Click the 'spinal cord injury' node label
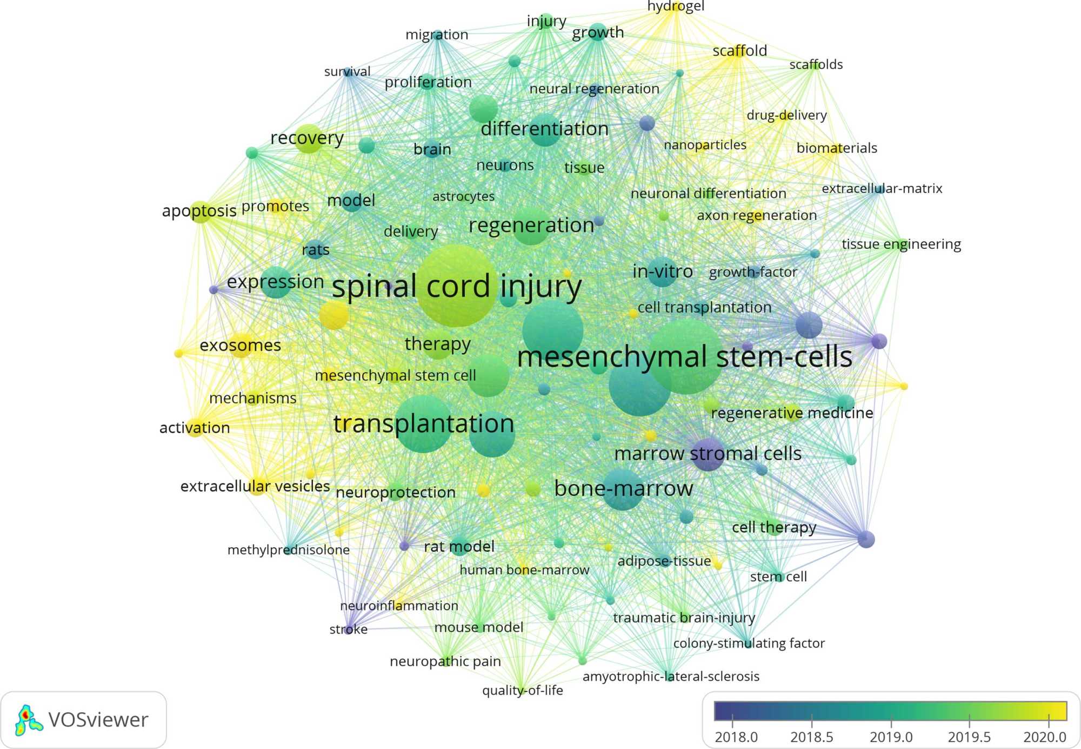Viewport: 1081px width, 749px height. (456, 287)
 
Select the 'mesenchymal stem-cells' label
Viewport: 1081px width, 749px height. (684, 357)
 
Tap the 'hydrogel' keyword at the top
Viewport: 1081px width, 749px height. (676, 6)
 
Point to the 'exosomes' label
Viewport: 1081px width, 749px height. (240, 345)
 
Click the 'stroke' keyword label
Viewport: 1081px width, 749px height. (348, 629)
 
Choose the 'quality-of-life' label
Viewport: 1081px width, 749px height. (522, 690)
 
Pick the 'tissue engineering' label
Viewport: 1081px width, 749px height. (901, 244)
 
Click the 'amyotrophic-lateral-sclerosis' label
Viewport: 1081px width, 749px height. (671, 676)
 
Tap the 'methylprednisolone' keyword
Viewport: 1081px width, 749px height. (288, 550)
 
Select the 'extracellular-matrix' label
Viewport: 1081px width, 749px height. (882, 188)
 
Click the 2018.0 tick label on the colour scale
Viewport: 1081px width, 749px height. (736, 737)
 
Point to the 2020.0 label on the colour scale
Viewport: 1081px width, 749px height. (1044, 737)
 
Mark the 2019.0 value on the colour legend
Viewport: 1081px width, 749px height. (891, 737)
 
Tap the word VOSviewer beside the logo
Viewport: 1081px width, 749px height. (98, 720)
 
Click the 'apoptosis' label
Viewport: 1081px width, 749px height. (199, 210)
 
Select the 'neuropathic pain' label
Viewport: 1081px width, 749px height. (445, 661)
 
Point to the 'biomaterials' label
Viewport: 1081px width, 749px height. (836, 148)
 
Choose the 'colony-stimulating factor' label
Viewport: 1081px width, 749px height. (749, 643)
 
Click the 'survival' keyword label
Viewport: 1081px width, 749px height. (347, 71)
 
